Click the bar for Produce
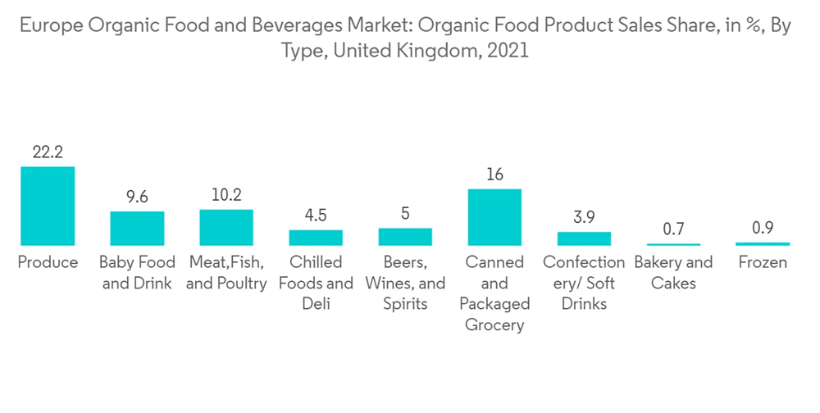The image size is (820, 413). [48, 206]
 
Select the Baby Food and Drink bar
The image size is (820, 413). [137, 228]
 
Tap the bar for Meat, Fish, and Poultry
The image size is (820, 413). [226, 227]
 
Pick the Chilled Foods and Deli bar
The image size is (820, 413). [316, 238]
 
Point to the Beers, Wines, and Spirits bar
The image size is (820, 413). [405, 236]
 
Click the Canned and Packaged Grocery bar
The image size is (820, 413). [494, 217]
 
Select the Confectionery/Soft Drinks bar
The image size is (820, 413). [584, 238]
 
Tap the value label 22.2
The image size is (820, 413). [48, 152]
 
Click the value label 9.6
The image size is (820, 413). [137, 197]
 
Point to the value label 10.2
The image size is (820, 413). [226, 195]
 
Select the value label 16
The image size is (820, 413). [494, 175]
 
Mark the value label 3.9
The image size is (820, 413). [584, 217]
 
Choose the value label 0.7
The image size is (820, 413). [673, 229]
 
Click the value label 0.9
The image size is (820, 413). [763, 228]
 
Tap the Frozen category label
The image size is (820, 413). [763, 263]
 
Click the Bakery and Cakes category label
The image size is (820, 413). [673, 273]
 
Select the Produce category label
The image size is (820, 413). [48, 263]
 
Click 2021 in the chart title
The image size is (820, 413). [508, 51]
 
